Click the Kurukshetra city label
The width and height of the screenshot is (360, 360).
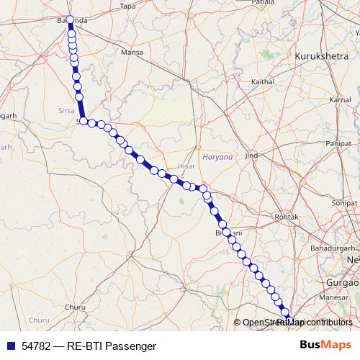[322, 55]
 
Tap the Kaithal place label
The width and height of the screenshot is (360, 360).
[262, 82]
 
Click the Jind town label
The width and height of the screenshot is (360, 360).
[251, 156]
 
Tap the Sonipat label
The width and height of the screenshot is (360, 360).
[345, 204]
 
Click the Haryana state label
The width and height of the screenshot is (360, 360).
[217, 156]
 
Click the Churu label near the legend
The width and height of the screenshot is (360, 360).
[74, 307]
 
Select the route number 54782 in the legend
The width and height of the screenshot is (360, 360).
[36, 346]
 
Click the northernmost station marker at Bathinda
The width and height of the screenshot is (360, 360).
[70, 20]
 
